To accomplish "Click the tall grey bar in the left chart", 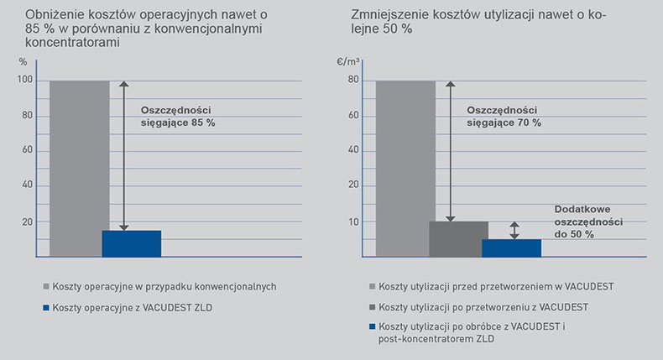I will [x=79, y=168].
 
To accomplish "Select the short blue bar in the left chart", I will [x=131, y=243].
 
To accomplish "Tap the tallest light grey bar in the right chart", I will [x=405, y=168].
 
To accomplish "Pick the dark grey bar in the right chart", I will [x=458, y=238].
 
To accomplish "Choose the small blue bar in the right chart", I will [x=511, y=248].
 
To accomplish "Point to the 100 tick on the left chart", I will [x=24, y=81].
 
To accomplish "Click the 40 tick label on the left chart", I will [x=28, y=185].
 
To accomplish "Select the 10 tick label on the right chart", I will [x=354, y=222].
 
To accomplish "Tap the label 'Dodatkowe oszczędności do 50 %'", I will [x=587, y=222].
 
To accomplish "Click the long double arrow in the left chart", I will [x=124, y=155].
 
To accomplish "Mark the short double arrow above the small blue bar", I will [x=514, y=231].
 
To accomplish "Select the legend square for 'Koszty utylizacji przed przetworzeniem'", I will [x=372, y=286].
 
